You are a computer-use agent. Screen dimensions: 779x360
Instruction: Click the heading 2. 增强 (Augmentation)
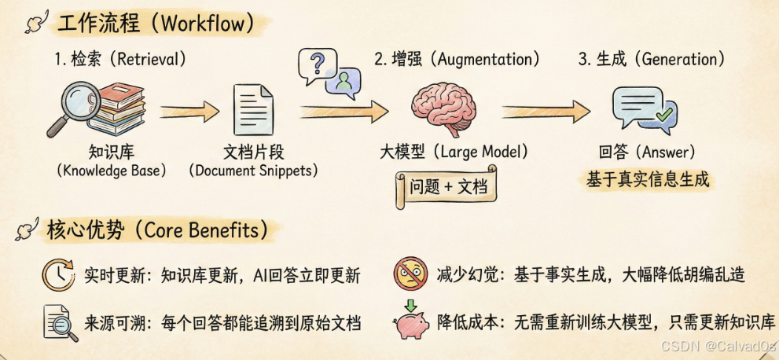[x=457, y=59]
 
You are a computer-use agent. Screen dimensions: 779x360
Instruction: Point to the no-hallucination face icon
[x=411, y=274]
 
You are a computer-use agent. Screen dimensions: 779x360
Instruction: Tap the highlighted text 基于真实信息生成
[x=648, y=179]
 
